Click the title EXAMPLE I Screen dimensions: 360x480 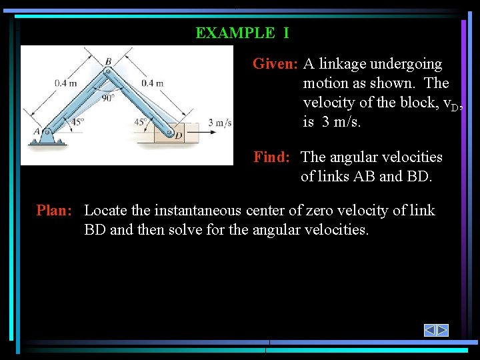tap(242, 33)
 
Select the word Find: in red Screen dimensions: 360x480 tap(271, 157)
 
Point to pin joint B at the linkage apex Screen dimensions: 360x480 tap(107, 69)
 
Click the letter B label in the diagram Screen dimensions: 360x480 tap(108, 61)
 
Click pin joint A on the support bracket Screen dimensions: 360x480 tap(46, 132)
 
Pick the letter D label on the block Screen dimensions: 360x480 tap(178, 135)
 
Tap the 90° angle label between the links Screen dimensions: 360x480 tap(108, 97)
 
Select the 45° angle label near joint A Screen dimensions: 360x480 tap(77, 122)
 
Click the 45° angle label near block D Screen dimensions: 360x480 tap(141, 122)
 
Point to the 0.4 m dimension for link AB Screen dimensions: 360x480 tap(65, 83)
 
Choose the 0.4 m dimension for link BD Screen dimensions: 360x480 tap(152, 83)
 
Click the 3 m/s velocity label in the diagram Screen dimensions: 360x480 tap(220, 122)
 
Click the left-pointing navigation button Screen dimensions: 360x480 tap(430, 330)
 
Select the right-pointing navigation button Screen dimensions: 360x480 tap(442, 330)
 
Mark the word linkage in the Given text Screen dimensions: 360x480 tap(344, 64)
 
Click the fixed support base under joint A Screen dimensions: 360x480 tap(46, 141)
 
